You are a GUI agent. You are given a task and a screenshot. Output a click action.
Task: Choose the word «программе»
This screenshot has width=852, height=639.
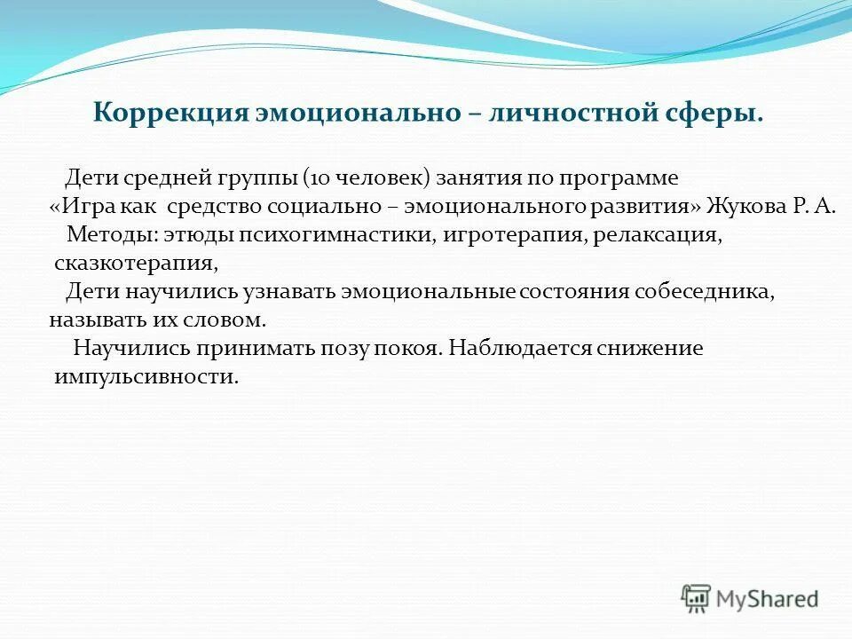point(621,177)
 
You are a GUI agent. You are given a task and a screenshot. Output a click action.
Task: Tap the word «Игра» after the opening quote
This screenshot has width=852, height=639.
point(87,207)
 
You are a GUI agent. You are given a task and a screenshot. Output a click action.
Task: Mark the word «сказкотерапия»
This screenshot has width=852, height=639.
point(135,264)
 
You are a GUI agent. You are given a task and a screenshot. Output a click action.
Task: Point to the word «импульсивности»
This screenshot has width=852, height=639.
point(146,376)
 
